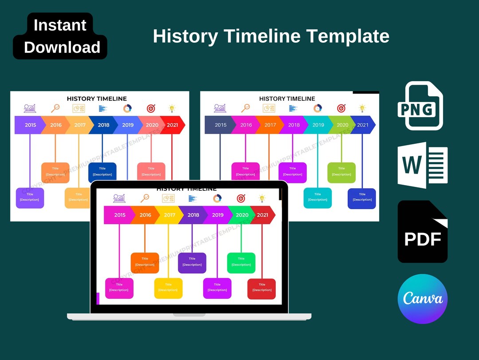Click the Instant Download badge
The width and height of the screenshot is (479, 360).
(60, 36)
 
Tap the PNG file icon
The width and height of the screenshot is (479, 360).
(420, 106)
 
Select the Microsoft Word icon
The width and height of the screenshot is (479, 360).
(422, 165)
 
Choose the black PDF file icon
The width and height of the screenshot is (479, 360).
(422, 232)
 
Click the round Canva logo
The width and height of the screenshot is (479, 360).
(422, 299)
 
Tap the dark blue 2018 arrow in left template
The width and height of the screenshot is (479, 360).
(103, 125)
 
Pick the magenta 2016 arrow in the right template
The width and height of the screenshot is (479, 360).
(246, 125)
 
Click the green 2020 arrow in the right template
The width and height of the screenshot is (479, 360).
(342, 125)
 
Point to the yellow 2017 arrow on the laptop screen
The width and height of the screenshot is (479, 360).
(169, 215)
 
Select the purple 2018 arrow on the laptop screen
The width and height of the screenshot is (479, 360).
(193, 215)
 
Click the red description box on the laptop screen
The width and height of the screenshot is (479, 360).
(262, 289)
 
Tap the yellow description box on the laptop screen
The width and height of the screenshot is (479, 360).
(168, 288)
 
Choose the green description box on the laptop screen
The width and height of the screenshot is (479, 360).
(241, 263)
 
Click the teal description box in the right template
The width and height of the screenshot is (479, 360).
(318, 198)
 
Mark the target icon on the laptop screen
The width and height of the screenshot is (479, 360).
(241, 198)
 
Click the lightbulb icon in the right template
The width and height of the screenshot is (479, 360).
(362, 108)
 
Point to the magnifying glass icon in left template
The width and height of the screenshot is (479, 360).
(55, 108)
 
